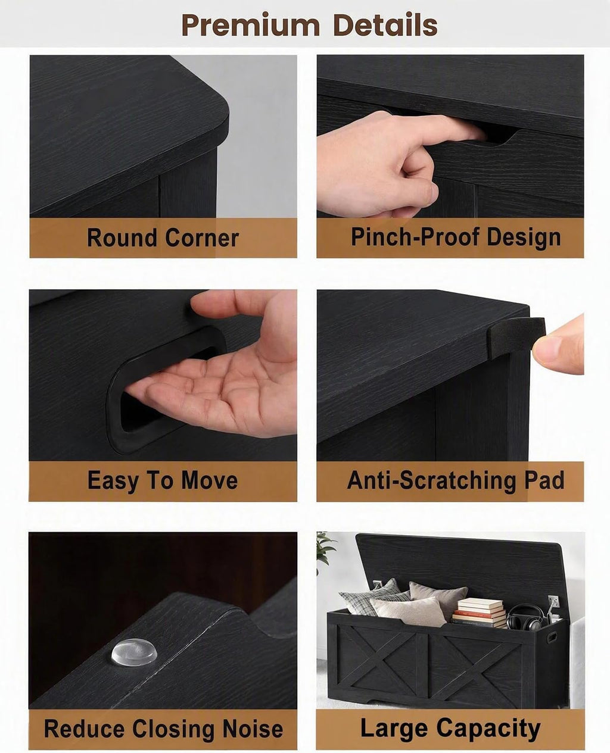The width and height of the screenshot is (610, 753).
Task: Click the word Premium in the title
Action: coord(251,25)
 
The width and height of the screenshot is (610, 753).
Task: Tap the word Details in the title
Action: coord(385,24)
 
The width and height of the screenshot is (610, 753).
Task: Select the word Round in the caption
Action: coord(122,238)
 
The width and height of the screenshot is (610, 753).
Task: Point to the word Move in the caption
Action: coord(209,480)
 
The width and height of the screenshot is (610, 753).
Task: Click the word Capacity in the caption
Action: coord(488,720)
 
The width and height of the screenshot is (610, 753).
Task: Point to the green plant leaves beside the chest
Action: coord(325,549)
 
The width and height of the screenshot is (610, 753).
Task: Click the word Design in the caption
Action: coord(524,237)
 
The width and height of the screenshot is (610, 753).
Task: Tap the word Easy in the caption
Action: coord(113,481)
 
